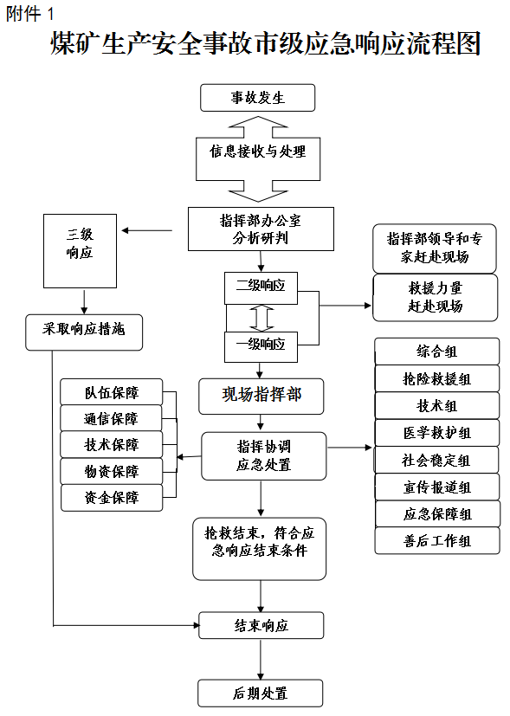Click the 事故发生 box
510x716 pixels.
pos(257,98)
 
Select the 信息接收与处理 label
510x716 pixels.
pos(258,152)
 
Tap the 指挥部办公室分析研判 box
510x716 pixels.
pos(261,229)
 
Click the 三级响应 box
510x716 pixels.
pos(80,251)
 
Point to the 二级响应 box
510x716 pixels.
pos(261,288)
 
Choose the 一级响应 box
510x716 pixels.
pos(261,347)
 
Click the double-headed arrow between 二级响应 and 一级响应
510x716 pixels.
pos(261,318)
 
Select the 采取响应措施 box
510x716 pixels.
pos(84,332)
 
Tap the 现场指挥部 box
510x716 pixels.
pos(261,397)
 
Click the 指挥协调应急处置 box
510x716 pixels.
pos(264,456)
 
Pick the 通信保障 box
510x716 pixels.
pos(112,418)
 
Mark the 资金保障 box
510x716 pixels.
pos(112,498)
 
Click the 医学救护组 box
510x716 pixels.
pos(437,433)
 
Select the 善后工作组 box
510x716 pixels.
pos(437,541)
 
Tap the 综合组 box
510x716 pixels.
pos(437,352)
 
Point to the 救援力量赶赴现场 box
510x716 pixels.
pos(436,297)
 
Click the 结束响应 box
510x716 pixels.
pos(261,626)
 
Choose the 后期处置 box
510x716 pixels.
pos(261,693)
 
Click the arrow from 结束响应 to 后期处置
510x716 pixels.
pos(261,660)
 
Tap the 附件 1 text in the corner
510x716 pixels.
pos(30,14)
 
